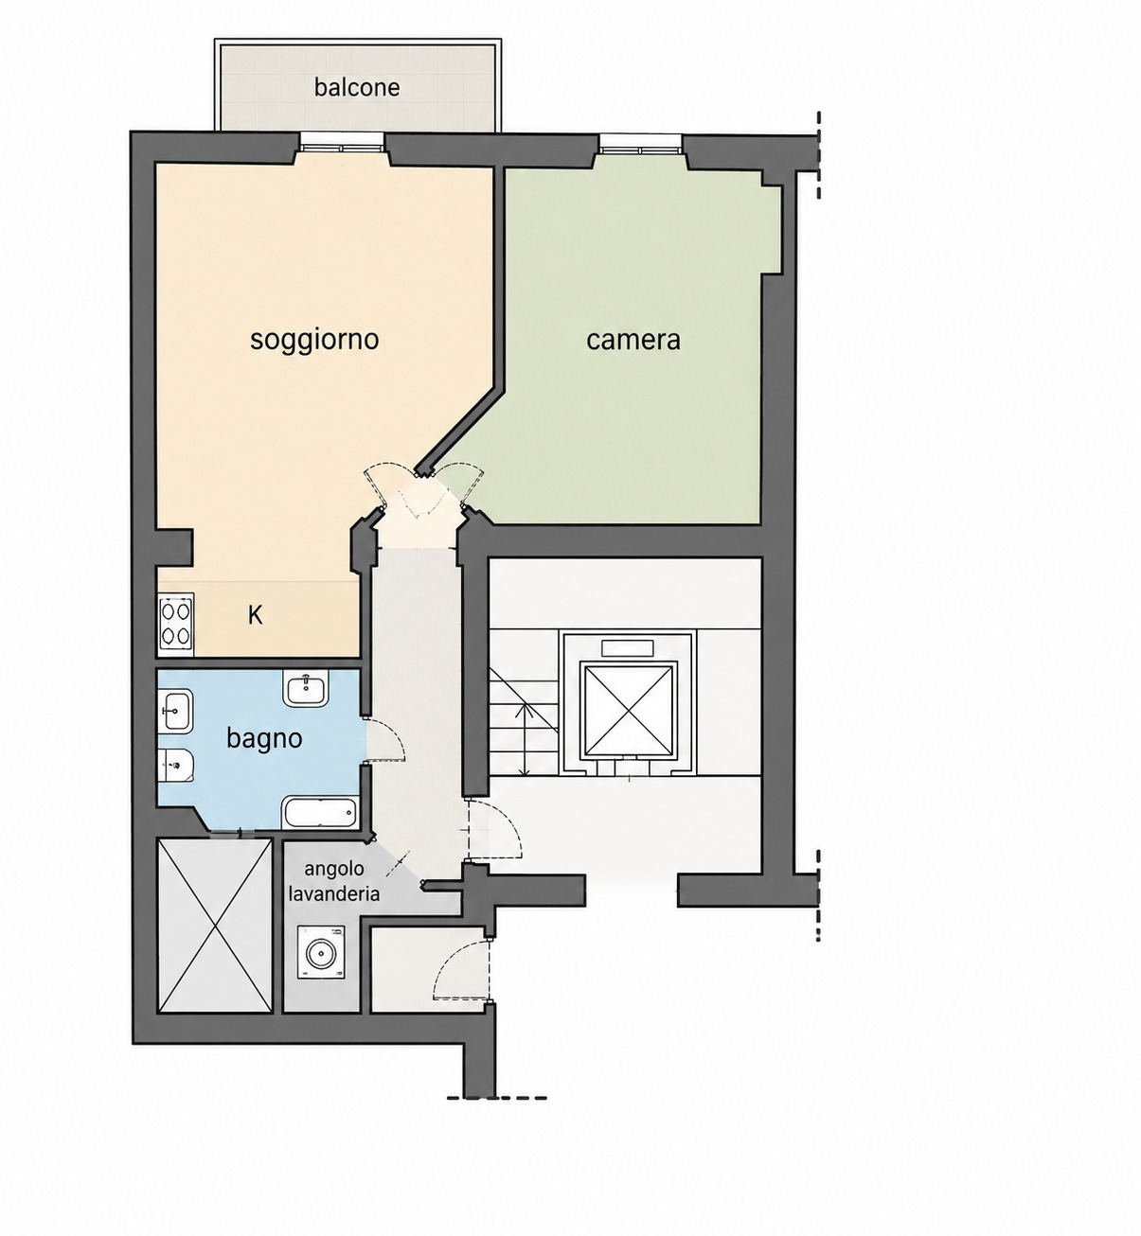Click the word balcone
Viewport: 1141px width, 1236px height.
click(x=356, y=87)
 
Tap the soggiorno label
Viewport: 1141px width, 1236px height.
click(x=314, y=341)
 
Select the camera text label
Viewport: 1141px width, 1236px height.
click(x=633, y=341)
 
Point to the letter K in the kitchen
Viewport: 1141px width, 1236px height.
click(x=255, y=615)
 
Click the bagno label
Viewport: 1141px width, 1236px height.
click(x=264, y=739)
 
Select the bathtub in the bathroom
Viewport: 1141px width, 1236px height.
click(x=320, y=812)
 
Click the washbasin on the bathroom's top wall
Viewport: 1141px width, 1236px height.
click(x=306, y=688)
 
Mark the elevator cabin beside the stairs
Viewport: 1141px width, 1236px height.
click(x=629, y=710)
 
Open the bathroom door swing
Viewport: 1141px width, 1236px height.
click(x=386, y=739)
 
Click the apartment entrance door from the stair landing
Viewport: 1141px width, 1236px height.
click(x=495, y=830)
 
